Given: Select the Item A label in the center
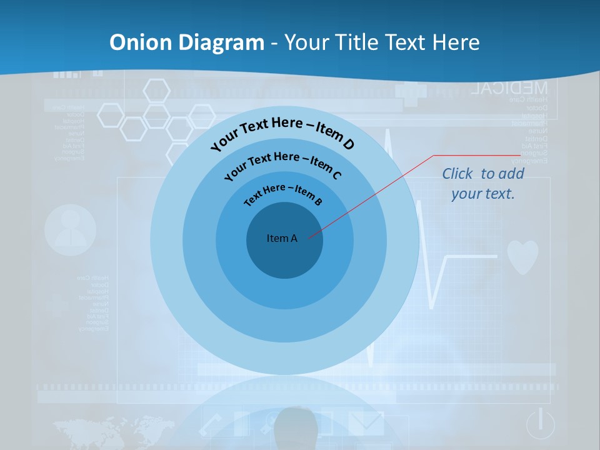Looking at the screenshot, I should click(x=282, y=238).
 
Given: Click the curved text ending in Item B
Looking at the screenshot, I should click(x=282, y=193).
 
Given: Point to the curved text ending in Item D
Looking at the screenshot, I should click(x=282, y=132).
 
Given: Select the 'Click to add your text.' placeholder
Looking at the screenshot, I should click(x=482, y=184).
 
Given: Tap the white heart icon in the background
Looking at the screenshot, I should click(x=522, y=256).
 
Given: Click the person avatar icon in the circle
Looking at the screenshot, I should click(x=70, y=230).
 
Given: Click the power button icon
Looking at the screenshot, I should click(x=541, y=424).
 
